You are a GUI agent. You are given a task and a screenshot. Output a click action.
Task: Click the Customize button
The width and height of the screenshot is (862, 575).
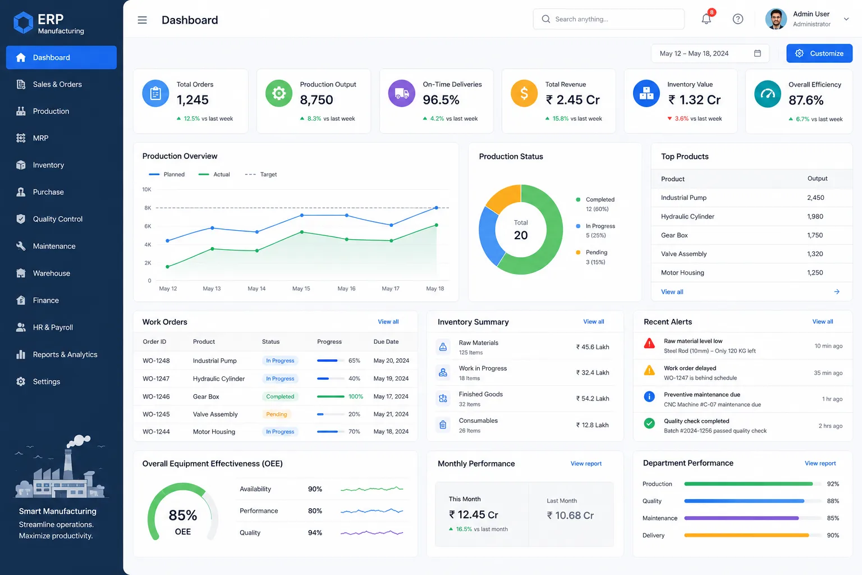tap(819, 53)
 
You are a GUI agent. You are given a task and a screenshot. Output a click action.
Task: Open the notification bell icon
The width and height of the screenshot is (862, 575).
tap(706, 19)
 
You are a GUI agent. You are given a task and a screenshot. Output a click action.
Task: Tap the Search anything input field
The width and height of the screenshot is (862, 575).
tap(608, 19)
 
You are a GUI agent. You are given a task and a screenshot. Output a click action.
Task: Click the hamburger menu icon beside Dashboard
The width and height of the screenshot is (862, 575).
tap(142, 20)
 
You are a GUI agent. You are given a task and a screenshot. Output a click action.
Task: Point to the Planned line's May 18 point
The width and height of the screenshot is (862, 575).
tap(436, 208)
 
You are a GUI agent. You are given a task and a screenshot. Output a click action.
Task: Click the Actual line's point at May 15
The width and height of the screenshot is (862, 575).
tap(302, 232)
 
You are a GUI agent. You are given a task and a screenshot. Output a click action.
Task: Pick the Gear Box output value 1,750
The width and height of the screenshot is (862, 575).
tap(815, 235)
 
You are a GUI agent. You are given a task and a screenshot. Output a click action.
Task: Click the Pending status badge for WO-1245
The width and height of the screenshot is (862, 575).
tap(276, 414)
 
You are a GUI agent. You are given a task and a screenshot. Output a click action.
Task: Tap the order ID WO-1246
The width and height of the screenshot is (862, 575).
tap(156, 396)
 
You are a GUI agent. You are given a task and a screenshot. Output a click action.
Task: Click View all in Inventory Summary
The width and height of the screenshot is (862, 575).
tap(593, 322)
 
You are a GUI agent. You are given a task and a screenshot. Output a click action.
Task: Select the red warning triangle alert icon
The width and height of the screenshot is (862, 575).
tap(649, 343)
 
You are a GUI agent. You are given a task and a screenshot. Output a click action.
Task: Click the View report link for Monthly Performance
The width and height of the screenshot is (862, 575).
tap(586, 463)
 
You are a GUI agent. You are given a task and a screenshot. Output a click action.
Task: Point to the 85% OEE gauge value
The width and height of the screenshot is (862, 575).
tap(183, 515)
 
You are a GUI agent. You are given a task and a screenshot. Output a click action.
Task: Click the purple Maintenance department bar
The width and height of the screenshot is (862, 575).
tap(741, 518)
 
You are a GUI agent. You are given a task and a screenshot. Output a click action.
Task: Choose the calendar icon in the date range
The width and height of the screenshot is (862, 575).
tap(757, 53)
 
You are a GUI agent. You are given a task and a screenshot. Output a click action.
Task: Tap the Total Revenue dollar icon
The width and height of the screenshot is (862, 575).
tap(524, 93)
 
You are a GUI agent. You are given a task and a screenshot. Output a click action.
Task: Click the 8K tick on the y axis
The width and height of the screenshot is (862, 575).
tap(148, 208)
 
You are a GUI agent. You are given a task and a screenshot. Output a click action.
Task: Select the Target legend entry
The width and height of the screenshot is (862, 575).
tap(260, 175)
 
